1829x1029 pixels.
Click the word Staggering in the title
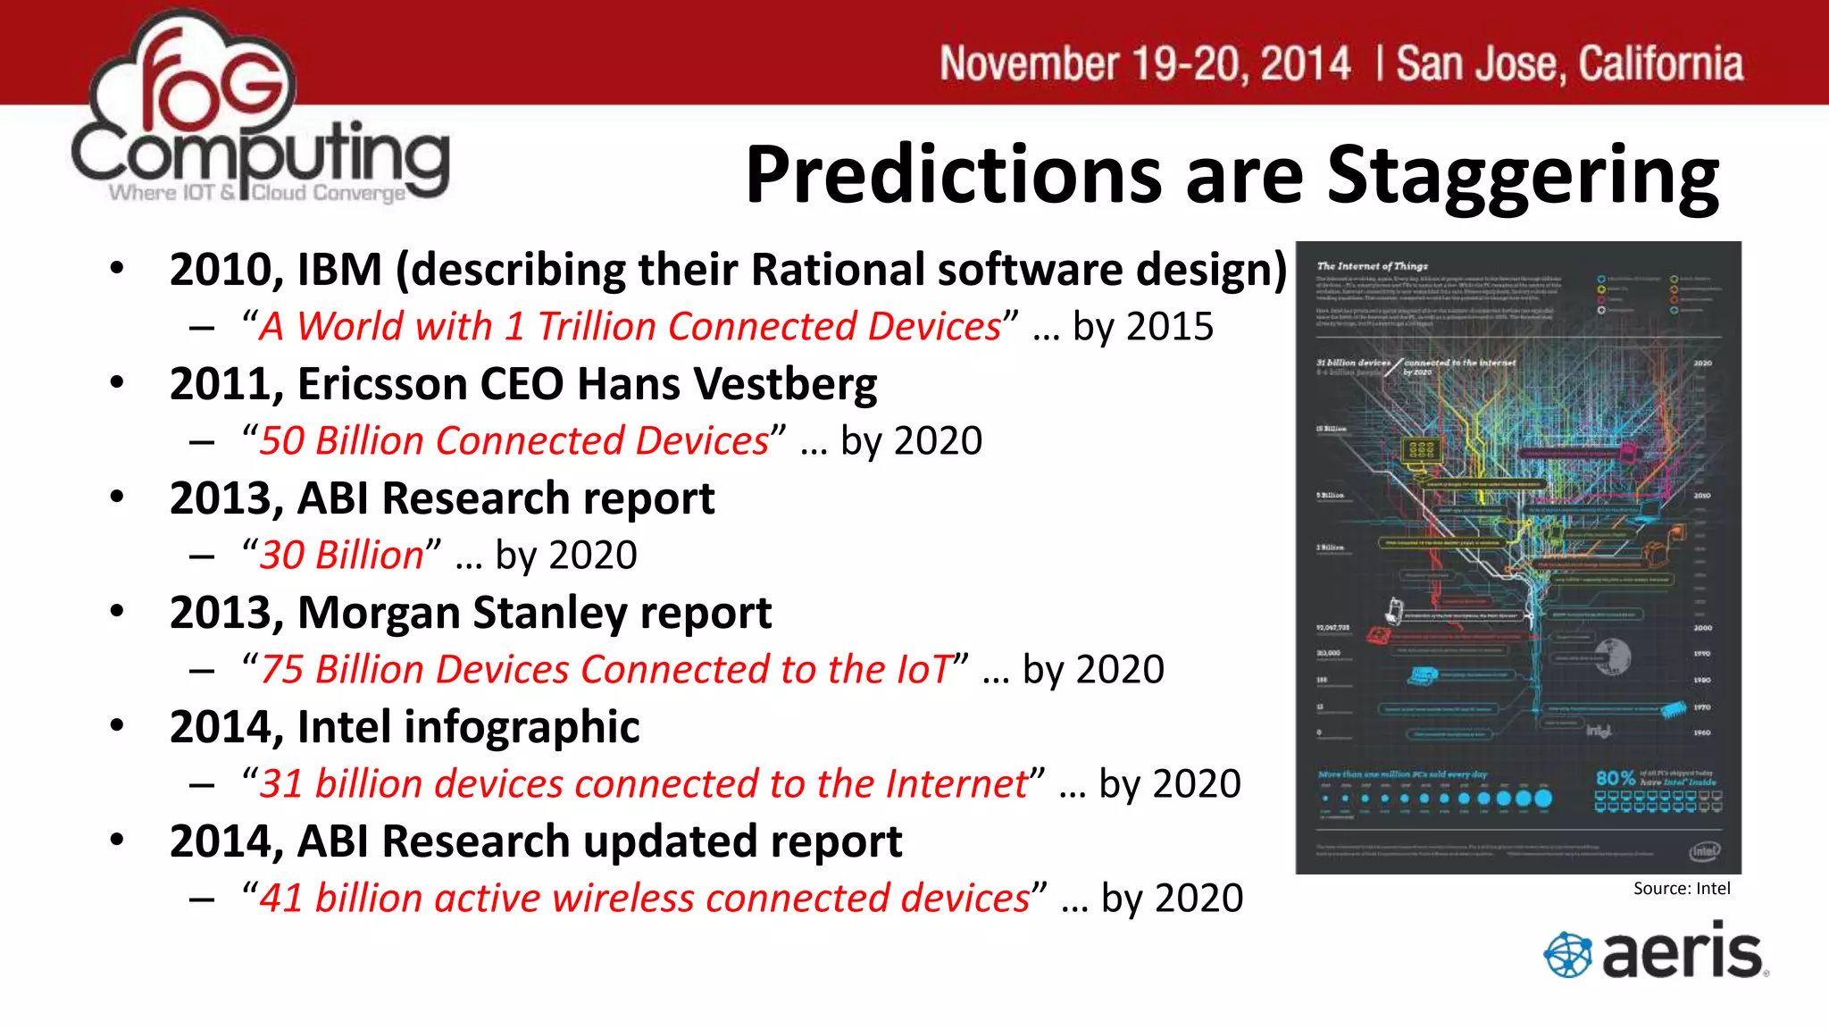(x=1522, y=175)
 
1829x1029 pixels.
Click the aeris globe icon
(x=1567, y=954)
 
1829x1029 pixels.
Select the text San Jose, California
(x=1569, y=64)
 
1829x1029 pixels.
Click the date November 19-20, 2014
(x=1145, y=64)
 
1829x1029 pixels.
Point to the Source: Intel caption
(x=1681, y=888)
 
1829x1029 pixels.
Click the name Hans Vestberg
(x=727, y=384)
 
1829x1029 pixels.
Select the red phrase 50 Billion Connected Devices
(x=514, y=441)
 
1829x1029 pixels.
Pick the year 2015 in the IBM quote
(x=1169, y=327)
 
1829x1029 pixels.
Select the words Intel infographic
(x=468, y=727)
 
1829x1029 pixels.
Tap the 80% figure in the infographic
(x=1615, y=778)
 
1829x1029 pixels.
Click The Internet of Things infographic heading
(x=1372, y=266)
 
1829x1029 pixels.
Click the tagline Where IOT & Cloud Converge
(x=256, y=193)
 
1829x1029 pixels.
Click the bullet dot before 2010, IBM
(x=117, y=268)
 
